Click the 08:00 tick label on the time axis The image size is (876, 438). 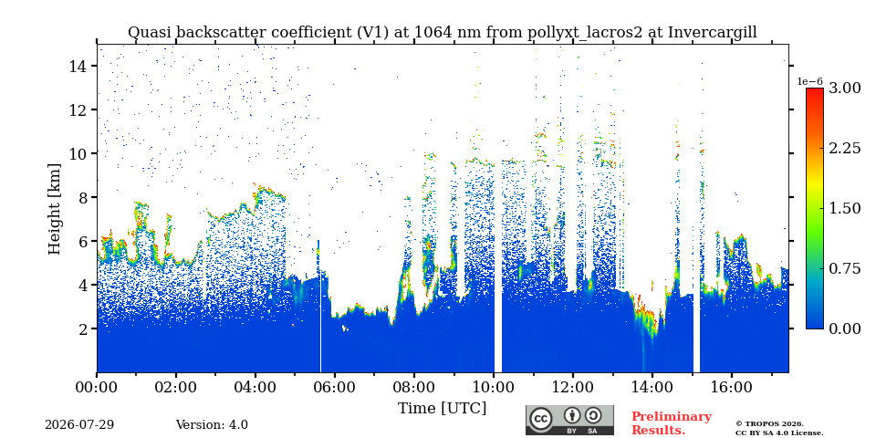(x=414, y=387)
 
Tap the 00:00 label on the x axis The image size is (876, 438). (x=97, y=387)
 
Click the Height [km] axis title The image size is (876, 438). (x=54, y=208)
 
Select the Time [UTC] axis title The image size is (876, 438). (x=442, y=408)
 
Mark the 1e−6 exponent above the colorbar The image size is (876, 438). (x=809, y=81)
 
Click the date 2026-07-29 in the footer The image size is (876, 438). (x=79, y=425)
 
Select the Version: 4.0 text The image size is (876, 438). (x=212, y=425)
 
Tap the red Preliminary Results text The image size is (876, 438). (x=672, y=423)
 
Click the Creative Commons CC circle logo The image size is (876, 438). (x=540, y=420)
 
